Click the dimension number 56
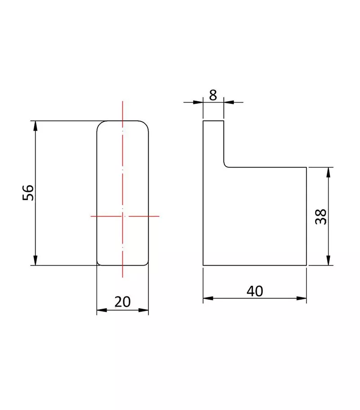[28, 193]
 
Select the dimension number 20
[122, 302]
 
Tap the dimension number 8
[213, 95]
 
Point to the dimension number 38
[320, 217]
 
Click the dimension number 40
[255, 291]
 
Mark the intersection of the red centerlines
[122, 216]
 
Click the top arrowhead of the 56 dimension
[35, 125]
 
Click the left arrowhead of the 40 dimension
[208, 298]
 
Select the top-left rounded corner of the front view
[100, 124]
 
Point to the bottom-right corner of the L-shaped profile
[306, 265]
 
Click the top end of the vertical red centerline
[122, 102]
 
